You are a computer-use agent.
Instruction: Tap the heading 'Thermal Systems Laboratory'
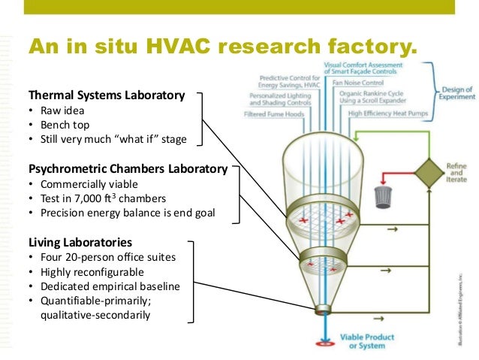click(x=106, y=95)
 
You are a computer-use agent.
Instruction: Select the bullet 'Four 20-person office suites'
click(x=107, y=257)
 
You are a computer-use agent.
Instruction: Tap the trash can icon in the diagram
click(x=383, y=198)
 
